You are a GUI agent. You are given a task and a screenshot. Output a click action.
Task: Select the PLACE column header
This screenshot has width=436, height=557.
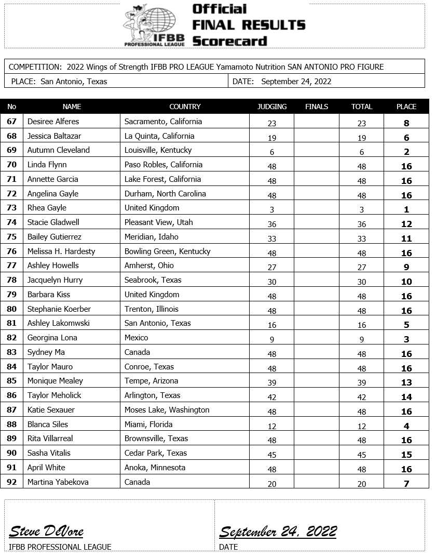point(406,107)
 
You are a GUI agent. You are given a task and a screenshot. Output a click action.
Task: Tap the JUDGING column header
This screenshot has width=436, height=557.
point(272,107)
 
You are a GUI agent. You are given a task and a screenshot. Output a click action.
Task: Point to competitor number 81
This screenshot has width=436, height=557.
point(12,323)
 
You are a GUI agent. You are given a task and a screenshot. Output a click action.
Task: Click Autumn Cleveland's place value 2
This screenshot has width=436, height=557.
point(406,152)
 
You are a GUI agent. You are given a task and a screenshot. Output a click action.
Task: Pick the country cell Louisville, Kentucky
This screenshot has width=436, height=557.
point(158,150)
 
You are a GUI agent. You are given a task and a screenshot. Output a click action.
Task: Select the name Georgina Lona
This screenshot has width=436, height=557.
point(52,338)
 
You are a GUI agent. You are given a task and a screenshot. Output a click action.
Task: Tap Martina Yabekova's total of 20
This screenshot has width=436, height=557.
point(362,484)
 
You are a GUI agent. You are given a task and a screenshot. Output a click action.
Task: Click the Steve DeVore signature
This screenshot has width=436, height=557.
point(46,531)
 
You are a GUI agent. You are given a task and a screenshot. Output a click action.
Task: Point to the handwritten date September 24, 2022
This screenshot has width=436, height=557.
point(278,531)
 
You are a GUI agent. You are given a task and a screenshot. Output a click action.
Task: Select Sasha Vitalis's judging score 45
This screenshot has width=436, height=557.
point(272,455)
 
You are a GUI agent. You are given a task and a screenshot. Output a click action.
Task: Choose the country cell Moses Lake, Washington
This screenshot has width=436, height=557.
point(167,410)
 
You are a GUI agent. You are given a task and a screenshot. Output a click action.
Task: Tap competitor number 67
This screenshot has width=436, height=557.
point(12,122)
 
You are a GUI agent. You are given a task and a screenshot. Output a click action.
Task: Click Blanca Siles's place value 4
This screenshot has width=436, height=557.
point(406,426)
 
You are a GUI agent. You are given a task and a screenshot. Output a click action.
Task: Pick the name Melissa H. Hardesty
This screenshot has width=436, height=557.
point(61,251)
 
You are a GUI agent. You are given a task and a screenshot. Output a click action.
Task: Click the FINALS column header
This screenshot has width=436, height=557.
point(317,107)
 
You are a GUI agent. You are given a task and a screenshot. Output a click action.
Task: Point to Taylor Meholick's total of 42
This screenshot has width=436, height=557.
point(362,397)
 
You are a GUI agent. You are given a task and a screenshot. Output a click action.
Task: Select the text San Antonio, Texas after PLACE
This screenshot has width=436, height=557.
point(74,81)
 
